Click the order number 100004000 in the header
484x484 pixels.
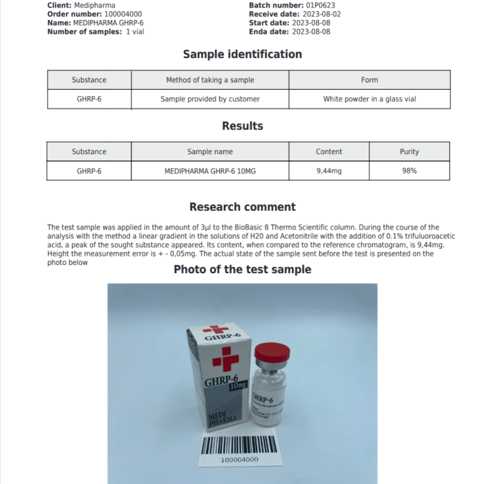point(118,14)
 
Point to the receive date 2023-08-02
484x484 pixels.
point(317,14)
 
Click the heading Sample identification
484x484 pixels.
point(242,54)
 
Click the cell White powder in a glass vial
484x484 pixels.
point(369,99)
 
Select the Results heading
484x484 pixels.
point(242,126)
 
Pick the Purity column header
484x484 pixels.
point(409,151)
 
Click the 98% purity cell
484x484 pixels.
point(409,170)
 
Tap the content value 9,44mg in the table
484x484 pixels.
point(329,170)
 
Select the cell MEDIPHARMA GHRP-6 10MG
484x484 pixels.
point(210,170)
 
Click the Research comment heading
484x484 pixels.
point(242,207)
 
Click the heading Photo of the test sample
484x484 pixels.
point(242,269)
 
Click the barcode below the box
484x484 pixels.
point(239,444)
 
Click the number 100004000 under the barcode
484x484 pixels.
point(239,459)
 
